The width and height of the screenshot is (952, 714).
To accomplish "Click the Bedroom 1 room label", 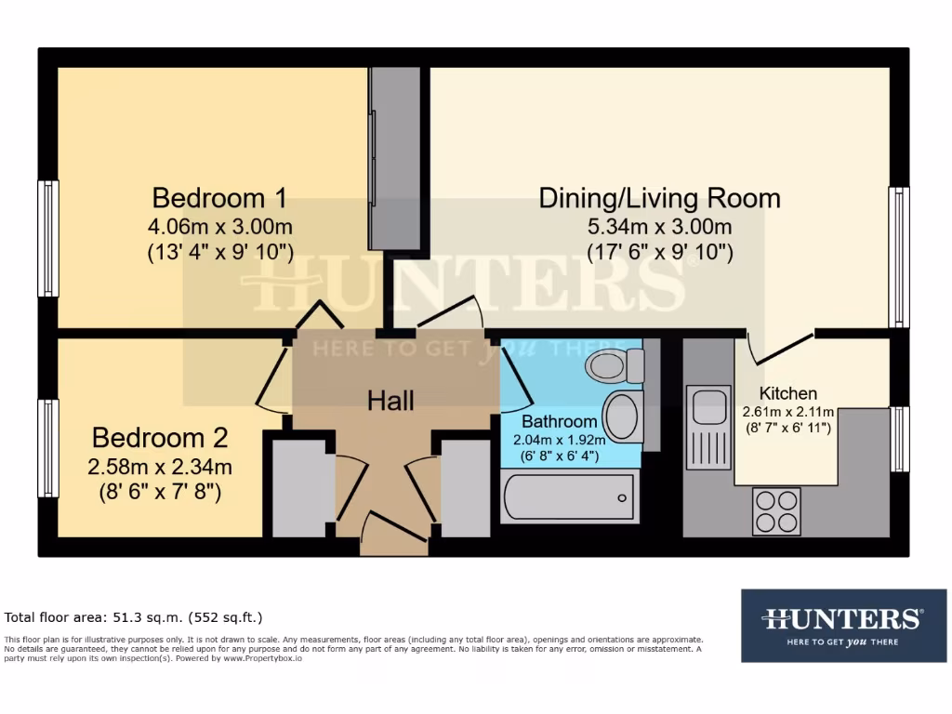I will [x=218, y=198].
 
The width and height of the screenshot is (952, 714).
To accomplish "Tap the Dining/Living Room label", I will [x=659, y=198].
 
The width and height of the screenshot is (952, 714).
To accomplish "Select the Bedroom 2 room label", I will [x=159, y=438].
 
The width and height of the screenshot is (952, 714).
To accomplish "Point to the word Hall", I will [x=390, y=401].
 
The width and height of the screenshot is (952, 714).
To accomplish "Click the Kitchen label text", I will [x=788, y=393].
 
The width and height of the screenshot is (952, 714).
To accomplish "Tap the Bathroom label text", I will [x=559, y=421].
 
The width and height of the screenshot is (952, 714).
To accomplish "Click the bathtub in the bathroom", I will [x=569, y=496].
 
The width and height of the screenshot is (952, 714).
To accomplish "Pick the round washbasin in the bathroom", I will [x=622, y=416].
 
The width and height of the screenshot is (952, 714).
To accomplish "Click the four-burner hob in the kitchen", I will [x=776, y=510].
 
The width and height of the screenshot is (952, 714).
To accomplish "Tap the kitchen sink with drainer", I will [x=708, y=428].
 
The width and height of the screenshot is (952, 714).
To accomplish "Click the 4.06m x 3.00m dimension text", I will [x=220, y=226].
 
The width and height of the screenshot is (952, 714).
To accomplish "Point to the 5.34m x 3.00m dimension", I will [x=659, y=226].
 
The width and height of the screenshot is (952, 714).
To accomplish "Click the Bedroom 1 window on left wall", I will [x=47, y=238].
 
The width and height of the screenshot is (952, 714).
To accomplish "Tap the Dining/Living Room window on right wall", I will [x=899, y=257].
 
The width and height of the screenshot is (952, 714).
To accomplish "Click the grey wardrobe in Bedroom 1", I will [x=395, y=158].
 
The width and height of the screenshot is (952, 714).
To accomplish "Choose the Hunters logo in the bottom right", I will [x=842, y=625].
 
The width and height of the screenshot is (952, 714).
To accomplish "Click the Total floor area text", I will [x=134, y=616].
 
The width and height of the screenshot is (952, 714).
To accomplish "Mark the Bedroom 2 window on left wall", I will [x=47, y=448].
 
